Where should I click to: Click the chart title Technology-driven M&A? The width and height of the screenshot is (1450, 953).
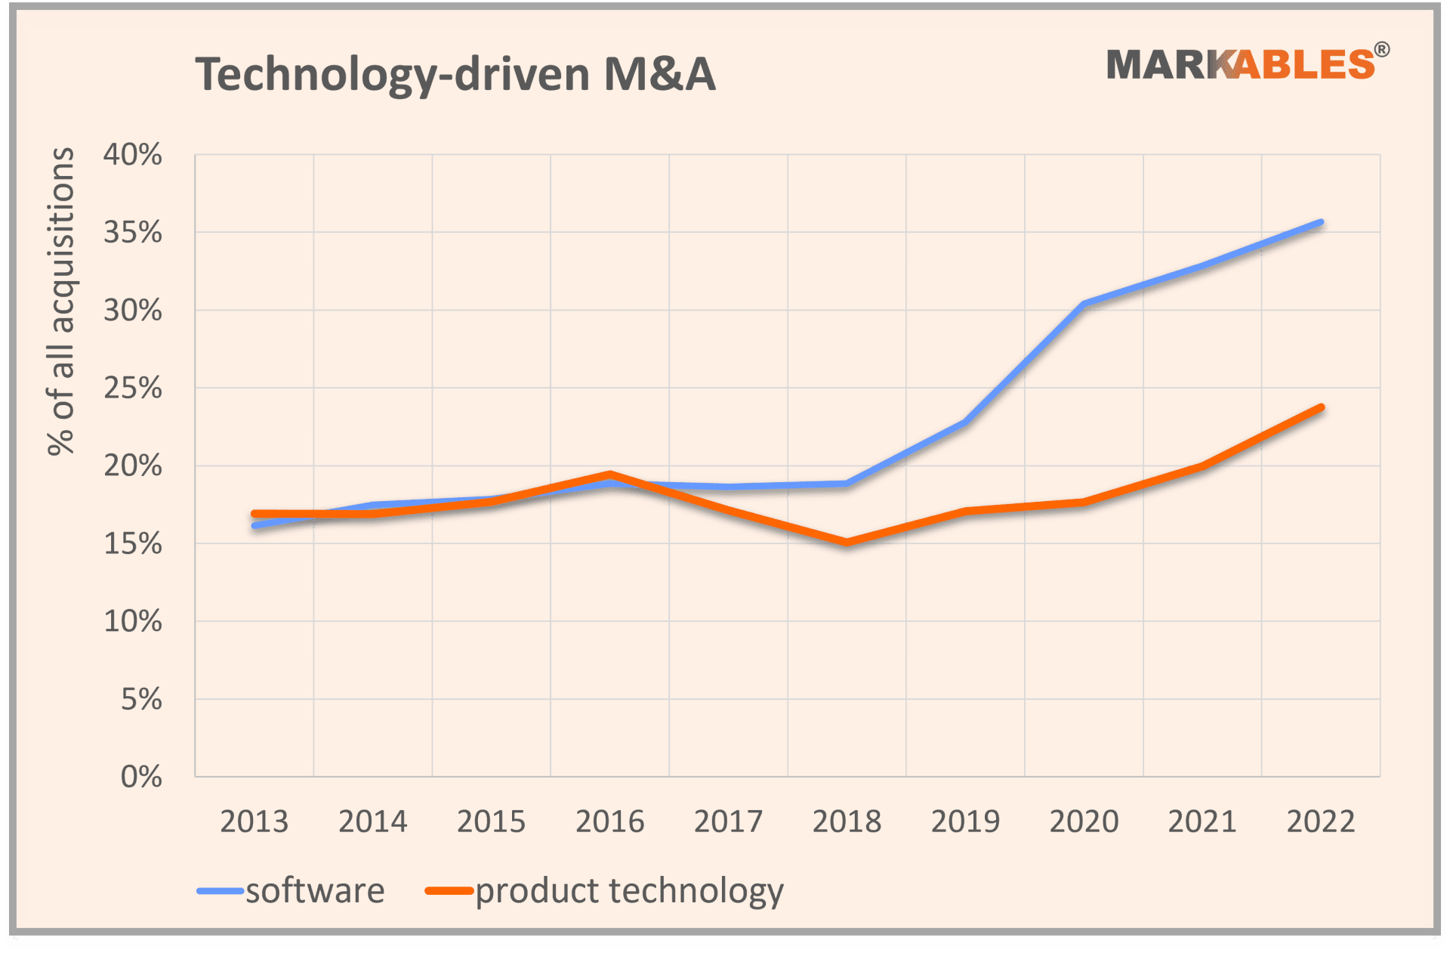point(455,75)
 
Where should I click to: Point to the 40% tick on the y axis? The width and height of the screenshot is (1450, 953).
point(133,155)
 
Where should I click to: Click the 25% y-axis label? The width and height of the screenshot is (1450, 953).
point(133,388)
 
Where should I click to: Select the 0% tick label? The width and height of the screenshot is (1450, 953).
point(141,777)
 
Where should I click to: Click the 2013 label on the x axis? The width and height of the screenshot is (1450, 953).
point(254,821)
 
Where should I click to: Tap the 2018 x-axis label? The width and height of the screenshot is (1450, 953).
point(847,821)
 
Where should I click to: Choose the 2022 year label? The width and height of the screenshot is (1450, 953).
point(1321,821)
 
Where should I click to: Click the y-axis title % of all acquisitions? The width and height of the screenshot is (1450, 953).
point(61,301)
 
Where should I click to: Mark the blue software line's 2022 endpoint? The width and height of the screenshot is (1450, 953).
point(1321,223)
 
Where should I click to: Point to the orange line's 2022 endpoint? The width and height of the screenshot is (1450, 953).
point(1321,408)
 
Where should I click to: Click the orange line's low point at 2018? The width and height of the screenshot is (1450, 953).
point(847,542)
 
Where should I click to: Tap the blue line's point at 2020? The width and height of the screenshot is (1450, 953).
point(1084,304)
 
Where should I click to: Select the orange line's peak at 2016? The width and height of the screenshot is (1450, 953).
point(609,475)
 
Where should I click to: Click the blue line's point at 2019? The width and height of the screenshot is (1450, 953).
point(965,422)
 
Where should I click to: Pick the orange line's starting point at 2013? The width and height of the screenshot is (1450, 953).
point(255,514)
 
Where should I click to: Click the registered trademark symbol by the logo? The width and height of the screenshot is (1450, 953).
point(1381,50)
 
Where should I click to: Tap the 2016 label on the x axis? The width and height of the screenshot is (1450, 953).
point(609,821)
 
